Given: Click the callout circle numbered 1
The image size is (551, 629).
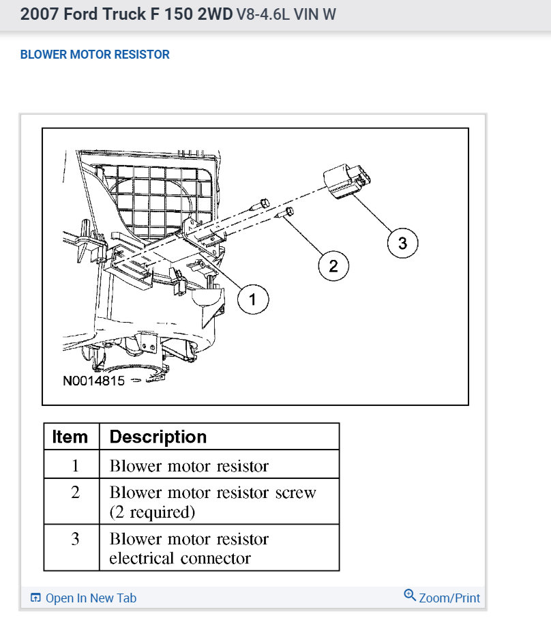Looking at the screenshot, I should point(253,299).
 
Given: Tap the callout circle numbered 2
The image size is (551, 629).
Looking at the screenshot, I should point(333,265).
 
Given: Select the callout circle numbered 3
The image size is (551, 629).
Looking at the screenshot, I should point(402,243).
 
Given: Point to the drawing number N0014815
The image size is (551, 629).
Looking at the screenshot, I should point(93,381).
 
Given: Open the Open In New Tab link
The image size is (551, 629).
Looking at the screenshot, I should point(91,598).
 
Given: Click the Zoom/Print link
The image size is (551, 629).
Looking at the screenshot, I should point(449,598).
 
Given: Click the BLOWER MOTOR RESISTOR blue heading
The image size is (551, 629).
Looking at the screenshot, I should point(95,55).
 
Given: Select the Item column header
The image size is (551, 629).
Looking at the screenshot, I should point(70,437).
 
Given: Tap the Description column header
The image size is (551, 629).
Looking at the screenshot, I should point(158,437).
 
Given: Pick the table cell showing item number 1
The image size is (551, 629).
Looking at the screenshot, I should point(74,466).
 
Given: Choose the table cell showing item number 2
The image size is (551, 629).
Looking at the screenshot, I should point(74,493).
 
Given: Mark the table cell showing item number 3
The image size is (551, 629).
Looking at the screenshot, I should point(74,539).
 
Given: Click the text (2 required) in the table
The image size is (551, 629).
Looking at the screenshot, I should point(152,511).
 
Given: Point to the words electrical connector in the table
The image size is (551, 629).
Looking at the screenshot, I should point(180,558).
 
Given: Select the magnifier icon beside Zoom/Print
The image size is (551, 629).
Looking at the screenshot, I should point(410,595).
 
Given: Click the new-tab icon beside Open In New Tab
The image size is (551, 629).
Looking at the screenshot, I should point(36,598).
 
